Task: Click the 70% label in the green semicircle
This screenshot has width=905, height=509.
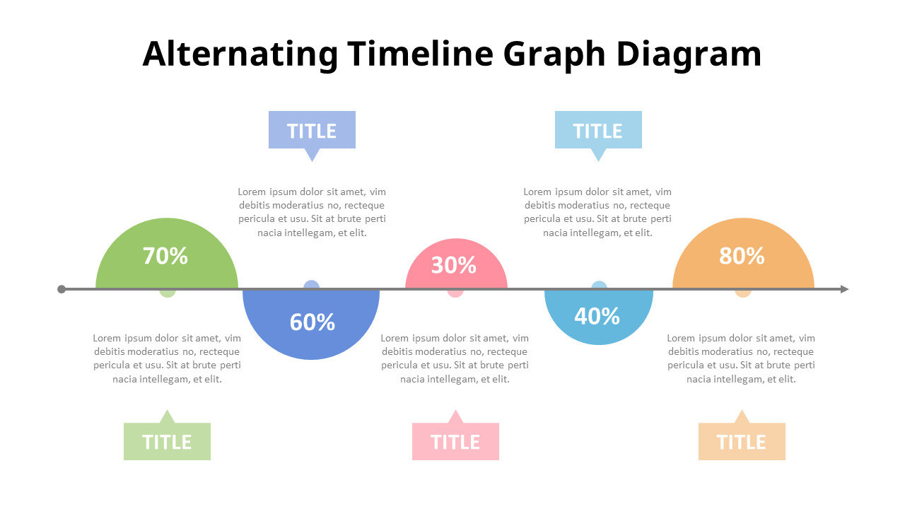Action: [x=165, y=256]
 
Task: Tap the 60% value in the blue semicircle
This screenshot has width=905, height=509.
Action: [x=313, y=322]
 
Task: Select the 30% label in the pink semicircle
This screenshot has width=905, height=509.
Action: [x=454, y=265]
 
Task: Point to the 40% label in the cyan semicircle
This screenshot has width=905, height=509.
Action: [x=597, y=316]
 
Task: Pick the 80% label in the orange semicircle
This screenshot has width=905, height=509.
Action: [x=742, y=256]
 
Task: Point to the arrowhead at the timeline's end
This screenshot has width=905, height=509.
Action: [x=844, y=289]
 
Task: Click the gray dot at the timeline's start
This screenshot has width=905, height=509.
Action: [x=62, y=289]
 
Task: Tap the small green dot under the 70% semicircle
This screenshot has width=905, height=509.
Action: [x=168, y=293]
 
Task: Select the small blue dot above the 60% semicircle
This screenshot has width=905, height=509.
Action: [x=312, y=284]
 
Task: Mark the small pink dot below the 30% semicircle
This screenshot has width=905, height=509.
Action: [x=455, y=293]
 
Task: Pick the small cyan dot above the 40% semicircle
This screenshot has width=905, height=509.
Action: [x=599, y=284]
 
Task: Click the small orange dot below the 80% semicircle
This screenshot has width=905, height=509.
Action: [x=743, y=293]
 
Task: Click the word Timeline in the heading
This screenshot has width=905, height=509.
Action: [x=420, y=54]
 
